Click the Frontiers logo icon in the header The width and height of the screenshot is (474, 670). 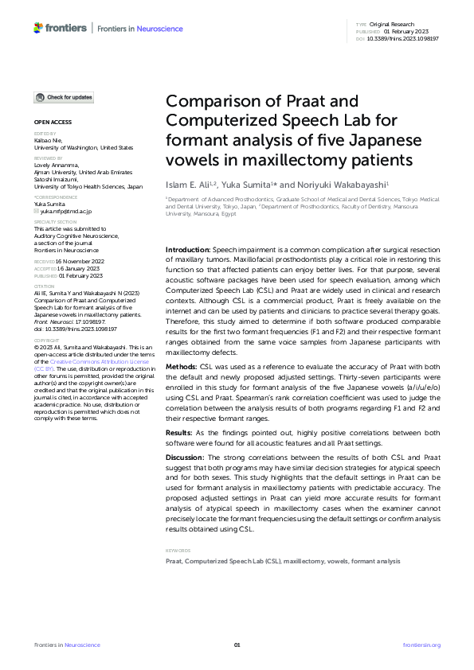37,28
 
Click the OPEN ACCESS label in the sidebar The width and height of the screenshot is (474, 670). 53,123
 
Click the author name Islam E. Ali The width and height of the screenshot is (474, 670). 189,184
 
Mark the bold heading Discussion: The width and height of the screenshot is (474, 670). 186,458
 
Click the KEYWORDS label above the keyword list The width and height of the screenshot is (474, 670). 178,528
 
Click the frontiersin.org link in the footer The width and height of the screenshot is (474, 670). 421,645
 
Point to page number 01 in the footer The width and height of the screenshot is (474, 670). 237,645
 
